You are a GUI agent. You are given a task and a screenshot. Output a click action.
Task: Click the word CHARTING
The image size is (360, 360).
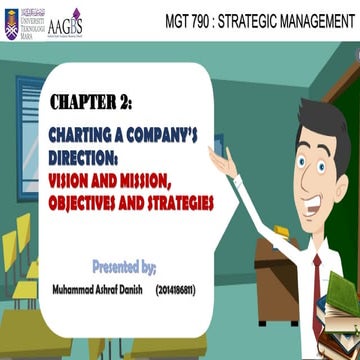click(x=85, y=133)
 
